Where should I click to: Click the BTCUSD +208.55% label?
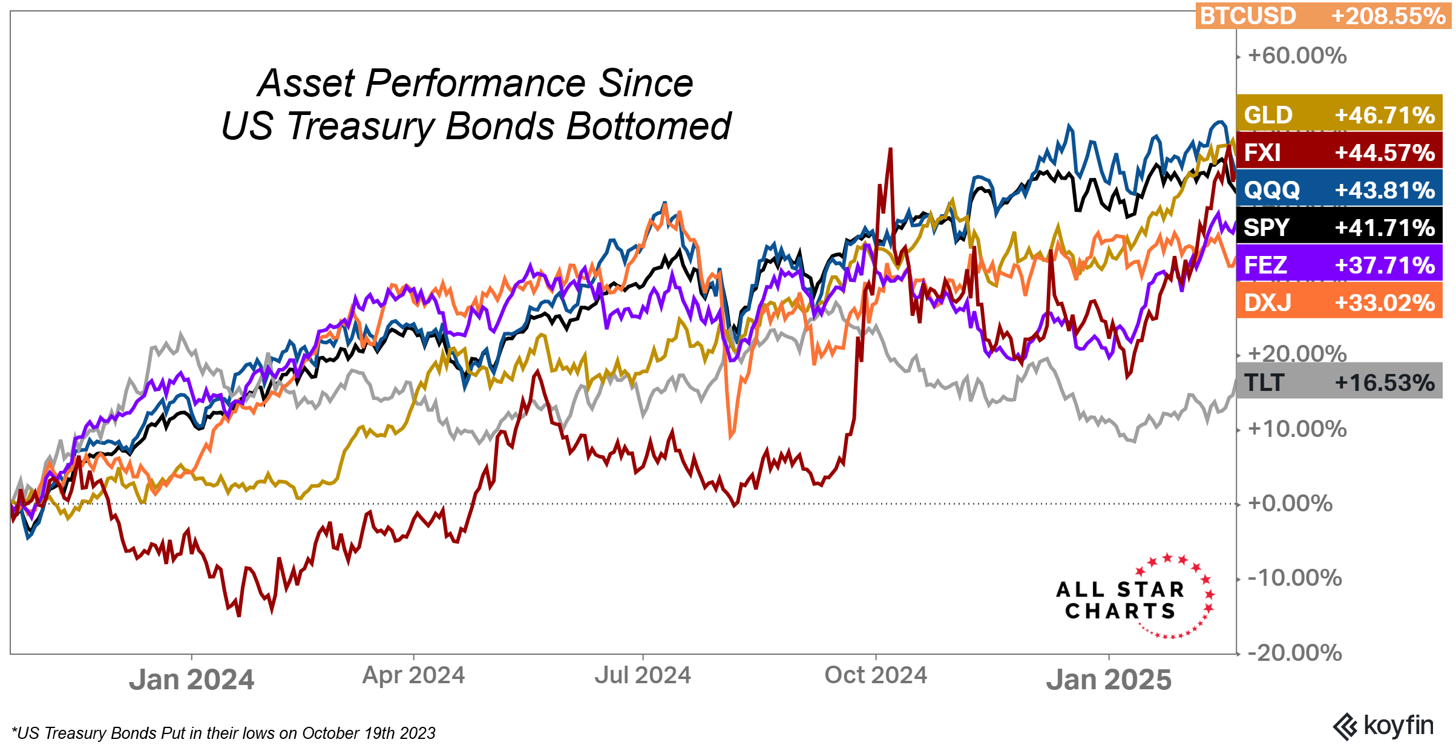click(x=1323, y=16)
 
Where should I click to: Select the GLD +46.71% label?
click(x=1339, y=114)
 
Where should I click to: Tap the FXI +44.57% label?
click(x=1339, y=152)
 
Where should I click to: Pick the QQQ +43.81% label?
click(x=1339, y=189)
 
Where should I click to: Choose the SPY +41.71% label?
click(x=1339, y=227)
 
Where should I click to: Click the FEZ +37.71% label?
click(x=1339, y=264)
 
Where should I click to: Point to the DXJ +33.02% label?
click(x=1339, y=302)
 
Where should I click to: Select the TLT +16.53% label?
click(x=1339, y=382)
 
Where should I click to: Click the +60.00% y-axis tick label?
click(x=1297, y=56)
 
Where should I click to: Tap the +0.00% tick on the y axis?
click(x=1290, y=503)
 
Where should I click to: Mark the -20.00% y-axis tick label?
click(x=1294, y=653)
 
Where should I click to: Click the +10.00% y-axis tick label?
click(x=1297, y=429)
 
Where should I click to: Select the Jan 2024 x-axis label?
click(x=191, y=680)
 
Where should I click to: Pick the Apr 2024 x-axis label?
click(x=413, y=675)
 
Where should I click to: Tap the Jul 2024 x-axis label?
click(x=642, y=675)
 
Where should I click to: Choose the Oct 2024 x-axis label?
click(x=875, y=675)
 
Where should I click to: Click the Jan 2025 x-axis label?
click(x=1109, y=680)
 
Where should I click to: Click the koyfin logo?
click(x=1383, y=726)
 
